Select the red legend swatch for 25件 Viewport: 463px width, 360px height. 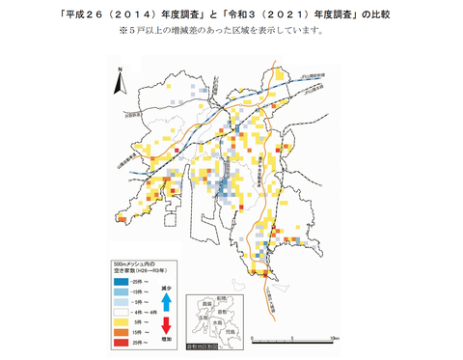coord(123,343)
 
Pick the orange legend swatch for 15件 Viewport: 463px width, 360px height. coord(123,333)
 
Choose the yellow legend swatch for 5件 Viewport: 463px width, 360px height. coord(123,322)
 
